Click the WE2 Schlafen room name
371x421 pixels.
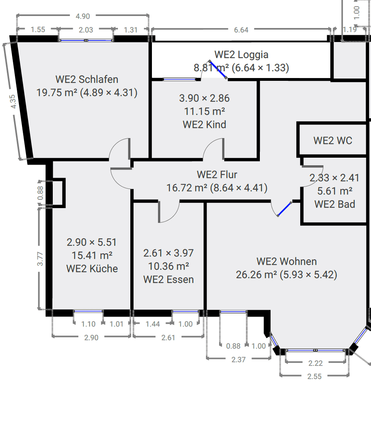(87, 79)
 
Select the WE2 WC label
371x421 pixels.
(333, 140)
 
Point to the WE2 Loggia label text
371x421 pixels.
(241, 54)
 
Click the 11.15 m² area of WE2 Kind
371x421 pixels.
(204, 111)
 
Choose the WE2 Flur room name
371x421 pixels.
(217, 174)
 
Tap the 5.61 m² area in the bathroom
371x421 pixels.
(334, 191)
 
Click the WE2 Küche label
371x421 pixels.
(92, 269)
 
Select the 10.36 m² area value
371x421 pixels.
(168, 266)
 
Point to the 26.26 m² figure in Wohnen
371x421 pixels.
(256, 275)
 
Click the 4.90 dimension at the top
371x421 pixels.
(83, 16)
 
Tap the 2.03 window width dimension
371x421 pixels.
(86, 30)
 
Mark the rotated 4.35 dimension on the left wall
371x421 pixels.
(13, 101)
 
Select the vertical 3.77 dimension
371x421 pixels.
(40, 259)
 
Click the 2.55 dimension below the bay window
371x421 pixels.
(315, 376)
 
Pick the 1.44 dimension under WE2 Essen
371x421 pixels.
(152, 324)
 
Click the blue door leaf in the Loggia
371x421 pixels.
(218, 70)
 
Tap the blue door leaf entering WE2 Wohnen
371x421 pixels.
(284, 209)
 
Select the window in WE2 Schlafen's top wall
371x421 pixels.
(86, 40)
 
